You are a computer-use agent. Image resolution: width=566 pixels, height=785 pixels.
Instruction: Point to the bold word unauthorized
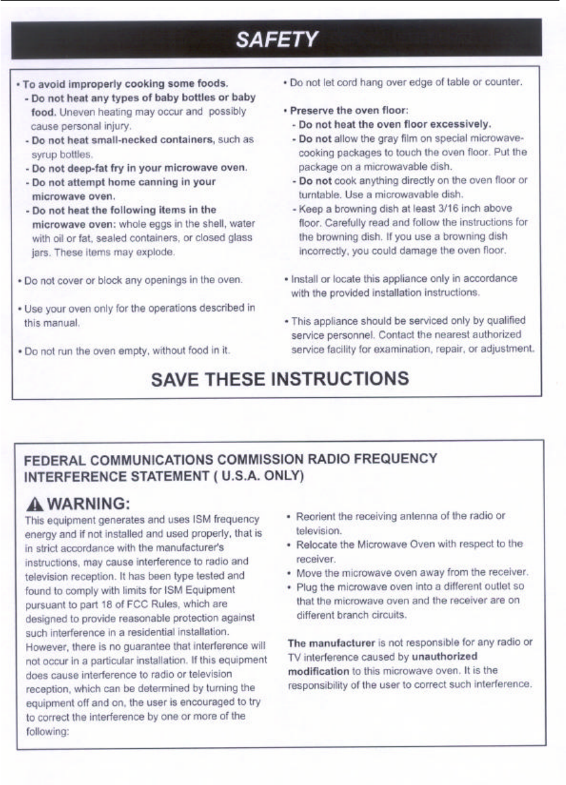pyautogui.click(x=444, y=656)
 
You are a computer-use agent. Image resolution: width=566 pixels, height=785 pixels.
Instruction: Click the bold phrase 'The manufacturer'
pyautogui.click(x=324, y=642)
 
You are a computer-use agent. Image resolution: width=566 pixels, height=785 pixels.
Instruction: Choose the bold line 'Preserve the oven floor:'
pyautogui.click(x=344, y=110)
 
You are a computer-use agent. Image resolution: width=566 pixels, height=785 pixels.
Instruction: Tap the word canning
pyautogui.click(x=161, y=182)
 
